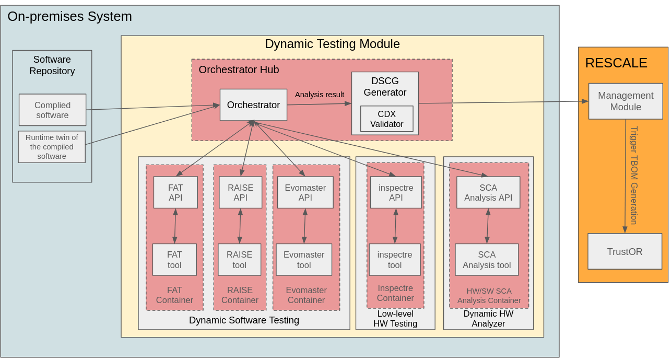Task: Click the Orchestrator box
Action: pyautogui.click(x=253, y=105)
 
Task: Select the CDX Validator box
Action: pyautogui.click(x=386, y=119)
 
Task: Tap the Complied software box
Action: pyautogui.click(x=52, y=110)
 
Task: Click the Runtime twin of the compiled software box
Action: pyautogui.click(x=52, y=147)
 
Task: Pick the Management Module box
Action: pyautogui.click(x=626, y=101)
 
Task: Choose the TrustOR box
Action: pyautogui.click(x=624, y=251)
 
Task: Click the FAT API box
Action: pyautogui.click(x=175, y=192)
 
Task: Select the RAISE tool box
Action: pyautogui.click(x=239, y=260)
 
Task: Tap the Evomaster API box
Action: pyautogui.click(x=305, y=192)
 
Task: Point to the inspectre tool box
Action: pyautogui.click(x=395, y=260)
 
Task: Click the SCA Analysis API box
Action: pyautogui.click(x=488, y=192)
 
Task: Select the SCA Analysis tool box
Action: pyautogui.click(x=487, y=260)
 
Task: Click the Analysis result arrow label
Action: pyautogui.click(x=320, y=95)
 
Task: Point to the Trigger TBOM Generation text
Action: pyautogui.click(x=634, y=175)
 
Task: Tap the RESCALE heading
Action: pyautogui.click(x=616, y=63)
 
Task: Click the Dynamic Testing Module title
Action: pyautogui.click(x=332, y=44)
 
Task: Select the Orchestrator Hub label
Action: pyautogui.click(x=239, y=69)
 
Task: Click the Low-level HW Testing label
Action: pyautogui.click(x=395, y=319)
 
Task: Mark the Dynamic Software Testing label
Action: pyautogui.click(x=244, y=320)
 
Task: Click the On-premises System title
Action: pyautogui.click(x=69, y=16)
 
